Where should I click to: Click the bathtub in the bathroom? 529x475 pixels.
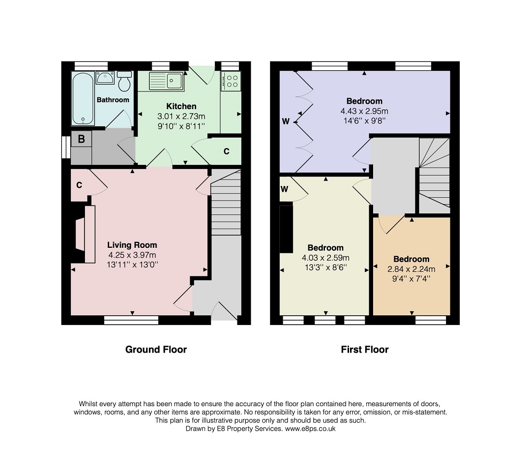[x=83, y=99]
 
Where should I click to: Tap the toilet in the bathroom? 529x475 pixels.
[x=124, y=81]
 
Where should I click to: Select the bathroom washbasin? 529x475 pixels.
[x=105, y=78]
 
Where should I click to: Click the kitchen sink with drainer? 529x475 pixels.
[x=166, y=81]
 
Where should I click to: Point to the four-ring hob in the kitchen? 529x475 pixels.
[x=232, y=81]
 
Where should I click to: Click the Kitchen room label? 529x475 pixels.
[x=181, y=106]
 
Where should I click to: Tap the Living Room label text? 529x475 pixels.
[x=132, y=245]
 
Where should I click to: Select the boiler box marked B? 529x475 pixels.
[x=81, y=139]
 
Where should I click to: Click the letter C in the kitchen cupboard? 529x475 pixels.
[x=226, y=151]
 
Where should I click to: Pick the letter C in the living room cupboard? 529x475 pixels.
[x=79, y=185]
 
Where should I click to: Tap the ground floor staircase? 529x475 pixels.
[x=226, y=203]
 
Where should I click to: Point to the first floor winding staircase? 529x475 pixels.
[x=435, y=176]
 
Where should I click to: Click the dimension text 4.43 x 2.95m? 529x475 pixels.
[x=364, y=111]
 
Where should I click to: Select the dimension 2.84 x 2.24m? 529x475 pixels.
[x=411, y=269]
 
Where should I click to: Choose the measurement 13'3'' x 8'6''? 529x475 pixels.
[x=325, y=267]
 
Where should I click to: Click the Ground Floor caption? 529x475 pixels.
[x=156, y=350]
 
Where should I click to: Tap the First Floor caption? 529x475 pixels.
[x=365, y=350]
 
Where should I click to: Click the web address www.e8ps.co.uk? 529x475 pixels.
[x=310, y=429]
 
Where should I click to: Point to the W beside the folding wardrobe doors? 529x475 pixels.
[x=286, y=121]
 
